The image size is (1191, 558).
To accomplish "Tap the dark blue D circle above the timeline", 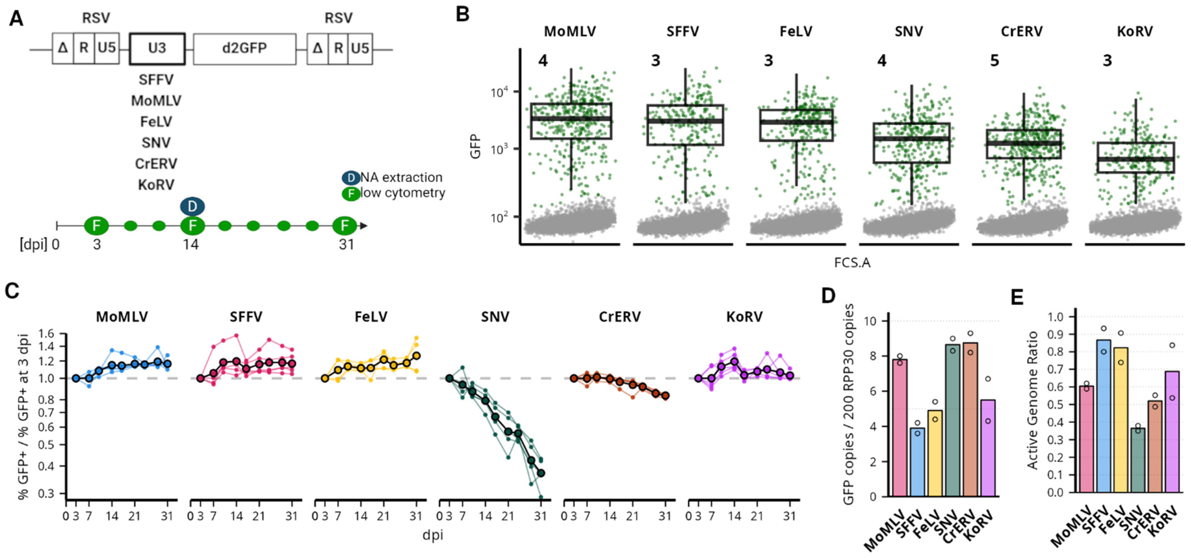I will (192, 206).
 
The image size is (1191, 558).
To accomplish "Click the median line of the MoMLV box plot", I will (571, 119).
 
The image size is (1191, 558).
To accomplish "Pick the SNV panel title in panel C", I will (495, 317).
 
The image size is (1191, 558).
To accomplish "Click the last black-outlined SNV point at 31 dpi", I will (541, 473).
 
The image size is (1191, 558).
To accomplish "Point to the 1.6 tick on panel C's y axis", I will (47, 333).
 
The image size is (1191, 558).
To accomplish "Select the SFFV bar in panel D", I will (917, 462).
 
